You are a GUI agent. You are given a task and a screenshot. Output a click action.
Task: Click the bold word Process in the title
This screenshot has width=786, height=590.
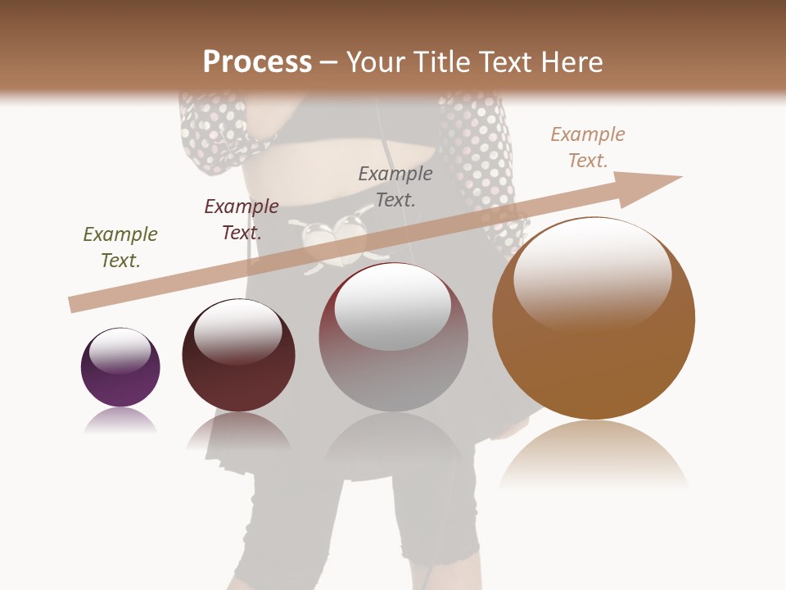click(257, 62)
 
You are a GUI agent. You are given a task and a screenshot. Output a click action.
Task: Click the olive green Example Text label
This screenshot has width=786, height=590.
click(120, 247)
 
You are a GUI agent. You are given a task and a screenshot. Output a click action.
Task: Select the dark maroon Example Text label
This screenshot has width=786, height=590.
click(242, 220)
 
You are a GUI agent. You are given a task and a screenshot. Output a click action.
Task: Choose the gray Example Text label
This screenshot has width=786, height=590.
click(395, 186)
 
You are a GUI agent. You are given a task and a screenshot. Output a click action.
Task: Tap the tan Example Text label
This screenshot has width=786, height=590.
click(588, 147)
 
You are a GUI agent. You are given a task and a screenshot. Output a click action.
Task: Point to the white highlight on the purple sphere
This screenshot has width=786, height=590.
click(120, 351)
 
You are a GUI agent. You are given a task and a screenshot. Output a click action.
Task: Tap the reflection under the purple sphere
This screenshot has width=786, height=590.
click(120, 421)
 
